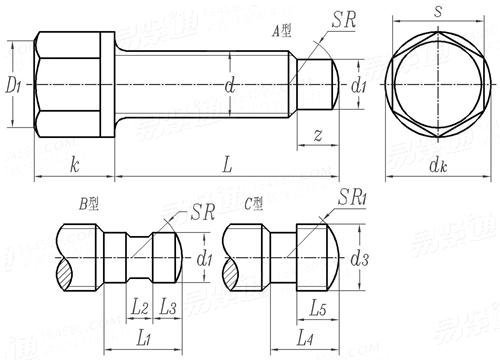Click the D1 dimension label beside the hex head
point(14,87)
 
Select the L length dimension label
point(227,166)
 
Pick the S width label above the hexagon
point(437,12)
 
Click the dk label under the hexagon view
point(437,167)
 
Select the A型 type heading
point(282,31)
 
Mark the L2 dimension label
point(140,307)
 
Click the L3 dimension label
point(167,307)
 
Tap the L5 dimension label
point(316,307)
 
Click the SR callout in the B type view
point(203,212)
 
